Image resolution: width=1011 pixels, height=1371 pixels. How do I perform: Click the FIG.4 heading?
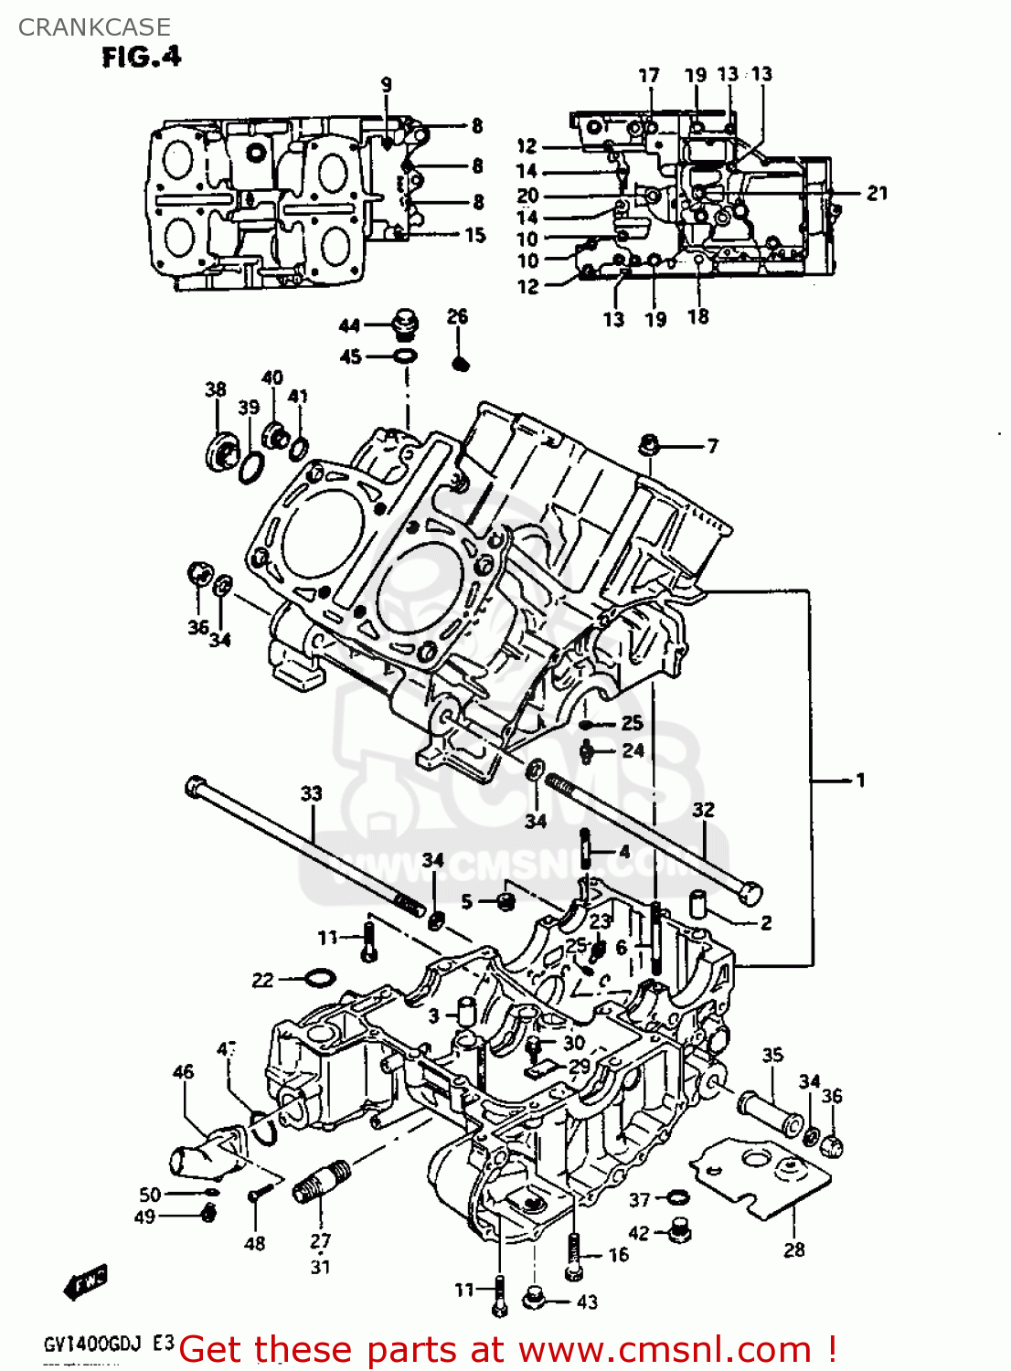coord(142,57)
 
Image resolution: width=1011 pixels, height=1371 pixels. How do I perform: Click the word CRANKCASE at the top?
coord(94,27)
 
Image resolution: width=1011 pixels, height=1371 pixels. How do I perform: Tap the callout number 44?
coord(349,325)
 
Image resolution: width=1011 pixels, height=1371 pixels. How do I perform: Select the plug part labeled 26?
coord(461,363)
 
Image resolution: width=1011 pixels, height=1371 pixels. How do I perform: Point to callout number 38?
coord(215,389)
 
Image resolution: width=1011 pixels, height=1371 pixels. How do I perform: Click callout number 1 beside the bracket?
coord(859,780)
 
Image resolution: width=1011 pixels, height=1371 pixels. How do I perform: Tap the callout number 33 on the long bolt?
coord(311,792)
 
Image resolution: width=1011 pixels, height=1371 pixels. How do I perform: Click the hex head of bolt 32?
coord(749,893)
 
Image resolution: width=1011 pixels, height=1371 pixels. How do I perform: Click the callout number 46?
coord(183,1071)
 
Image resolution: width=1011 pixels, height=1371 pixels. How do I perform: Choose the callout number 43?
coord(588,1301)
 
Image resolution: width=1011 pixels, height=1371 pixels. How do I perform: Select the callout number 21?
coord(877,193)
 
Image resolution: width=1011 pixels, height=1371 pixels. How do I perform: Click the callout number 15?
coord(475,235)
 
